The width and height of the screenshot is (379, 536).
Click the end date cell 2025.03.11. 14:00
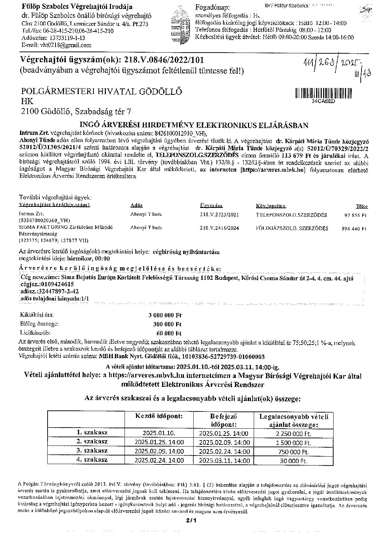(224, 461)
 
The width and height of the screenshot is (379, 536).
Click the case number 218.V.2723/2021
(219, 215)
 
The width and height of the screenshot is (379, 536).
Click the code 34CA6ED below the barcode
(323, 101)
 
